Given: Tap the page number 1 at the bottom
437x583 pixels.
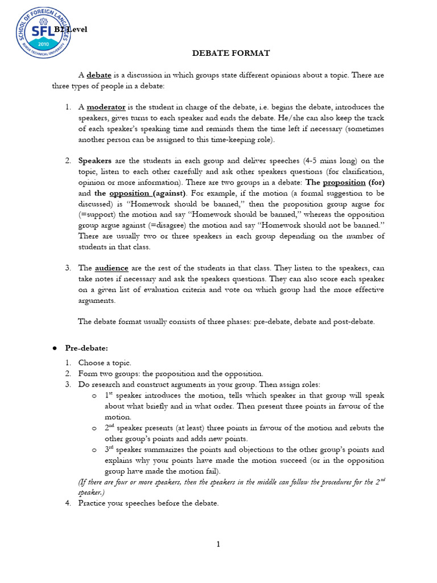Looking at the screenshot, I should coord(218,544).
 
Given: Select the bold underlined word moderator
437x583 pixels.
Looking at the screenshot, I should coord(106,107).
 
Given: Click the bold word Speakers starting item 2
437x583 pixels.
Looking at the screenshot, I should coord(95,161).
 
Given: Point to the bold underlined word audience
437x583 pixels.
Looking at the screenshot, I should coord(112,268).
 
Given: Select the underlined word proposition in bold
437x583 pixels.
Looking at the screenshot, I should coord(344,183).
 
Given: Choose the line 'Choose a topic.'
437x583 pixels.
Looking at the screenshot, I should coord(105,363).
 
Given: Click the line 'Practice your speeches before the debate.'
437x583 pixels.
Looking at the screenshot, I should coord(149,503).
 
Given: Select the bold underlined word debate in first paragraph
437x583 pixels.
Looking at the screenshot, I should coord(98,75).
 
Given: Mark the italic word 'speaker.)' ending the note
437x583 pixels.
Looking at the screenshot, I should coord(91,492).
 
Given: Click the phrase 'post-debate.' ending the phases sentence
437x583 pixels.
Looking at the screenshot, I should coord(355,322).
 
